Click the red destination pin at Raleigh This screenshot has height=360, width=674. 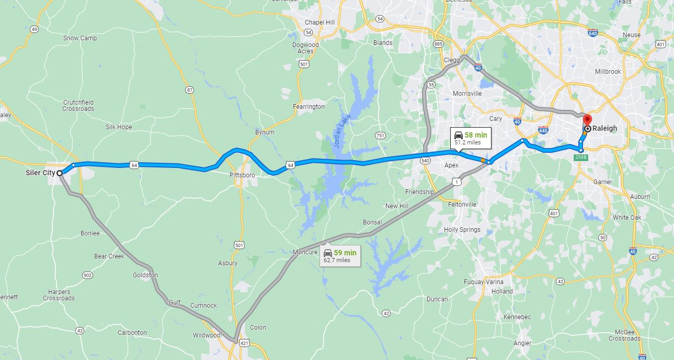[587, 120]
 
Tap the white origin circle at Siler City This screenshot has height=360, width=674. [60, 173]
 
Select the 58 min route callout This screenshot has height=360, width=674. [470, 138]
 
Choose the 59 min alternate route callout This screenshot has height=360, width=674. [340, 256]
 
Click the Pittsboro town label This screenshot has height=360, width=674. [242, 175]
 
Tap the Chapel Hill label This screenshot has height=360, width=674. [319, 22]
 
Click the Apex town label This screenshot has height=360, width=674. [451, 165]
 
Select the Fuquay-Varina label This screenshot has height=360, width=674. [483, 282]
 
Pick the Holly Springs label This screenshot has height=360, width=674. [462, 230]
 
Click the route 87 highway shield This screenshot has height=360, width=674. [189, 90]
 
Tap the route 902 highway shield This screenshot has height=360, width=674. [87, 275]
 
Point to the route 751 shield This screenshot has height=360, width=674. [380, 136]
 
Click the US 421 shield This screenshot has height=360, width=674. [244, 343]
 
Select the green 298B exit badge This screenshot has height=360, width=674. [580, 157]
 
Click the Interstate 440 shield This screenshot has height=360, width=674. [542, 130]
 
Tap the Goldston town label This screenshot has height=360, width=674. [145, 275]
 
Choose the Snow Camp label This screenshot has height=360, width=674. [79, 38]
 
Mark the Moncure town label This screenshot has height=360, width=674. [305, 252]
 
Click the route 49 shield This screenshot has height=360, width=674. [34, 29]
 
